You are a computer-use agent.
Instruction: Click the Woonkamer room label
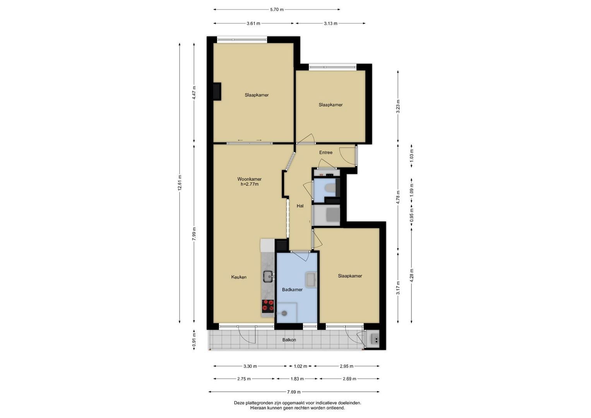coord(249,179)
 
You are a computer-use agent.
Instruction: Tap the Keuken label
coord(239,277)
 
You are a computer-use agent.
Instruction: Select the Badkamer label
coord(292,290)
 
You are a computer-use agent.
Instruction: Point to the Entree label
coord(325,152)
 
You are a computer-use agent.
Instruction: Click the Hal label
coord(300,206)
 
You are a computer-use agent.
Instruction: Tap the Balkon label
coord(289,340)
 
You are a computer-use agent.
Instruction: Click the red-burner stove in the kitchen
coord(268,305)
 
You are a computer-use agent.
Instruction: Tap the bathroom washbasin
coord(311,280)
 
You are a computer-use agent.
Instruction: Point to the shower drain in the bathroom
coord(284,313)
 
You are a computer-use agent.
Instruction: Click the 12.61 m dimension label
coord(180,183)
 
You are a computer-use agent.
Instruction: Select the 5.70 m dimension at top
coord(277,10)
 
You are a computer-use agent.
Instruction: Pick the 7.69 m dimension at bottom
coord(294,392)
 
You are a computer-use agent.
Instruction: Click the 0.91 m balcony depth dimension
coord(194,340)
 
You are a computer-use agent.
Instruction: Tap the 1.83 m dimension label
coord(297,379)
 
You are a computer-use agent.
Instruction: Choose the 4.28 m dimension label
coord(411,275)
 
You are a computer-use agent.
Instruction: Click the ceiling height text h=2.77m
coord(249,184)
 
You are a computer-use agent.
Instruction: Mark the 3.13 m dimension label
coord(331,24)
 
